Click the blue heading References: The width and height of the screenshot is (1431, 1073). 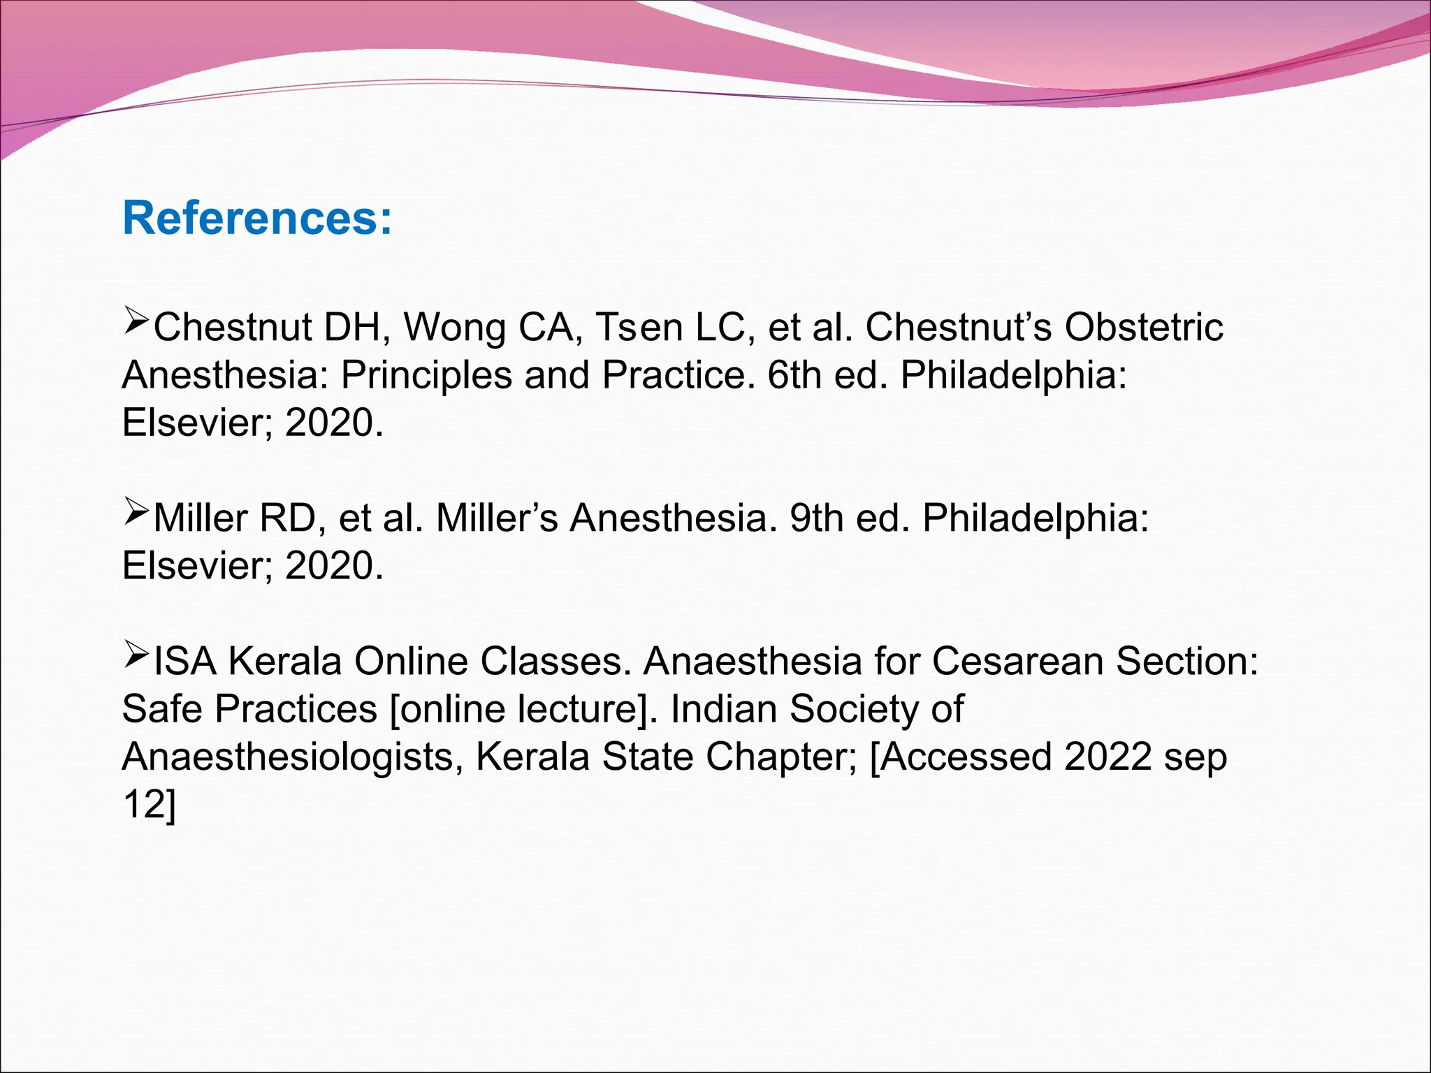click(257, 218)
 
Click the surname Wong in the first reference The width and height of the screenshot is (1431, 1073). click(454, 327)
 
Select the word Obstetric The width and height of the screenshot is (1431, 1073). click(1144, 327)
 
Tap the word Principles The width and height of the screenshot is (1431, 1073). click(426, 375)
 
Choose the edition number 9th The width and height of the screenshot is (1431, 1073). click(817, 518)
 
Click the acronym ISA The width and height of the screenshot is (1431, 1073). click(184, 661)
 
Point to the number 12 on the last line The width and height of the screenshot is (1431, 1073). click(142, 804)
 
